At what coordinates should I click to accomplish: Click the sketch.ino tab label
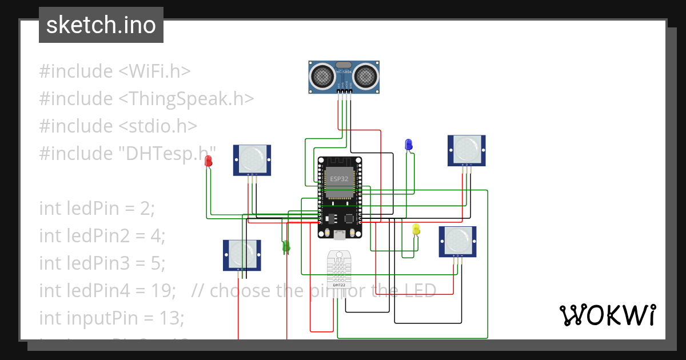click(101, 25)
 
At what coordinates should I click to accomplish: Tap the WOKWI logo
click(607, 315)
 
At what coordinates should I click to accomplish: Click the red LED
click(209, 161)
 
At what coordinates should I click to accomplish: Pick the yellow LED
click(416, 229)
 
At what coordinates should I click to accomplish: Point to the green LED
click(286, 246)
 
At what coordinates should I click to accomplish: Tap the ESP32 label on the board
click(339, 179)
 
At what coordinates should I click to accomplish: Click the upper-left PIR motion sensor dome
click(252, 156)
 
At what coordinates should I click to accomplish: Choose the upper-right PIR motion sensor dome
click(466, 147)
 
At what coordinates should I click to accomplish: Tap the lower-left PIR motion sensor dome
click(242, 251)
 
